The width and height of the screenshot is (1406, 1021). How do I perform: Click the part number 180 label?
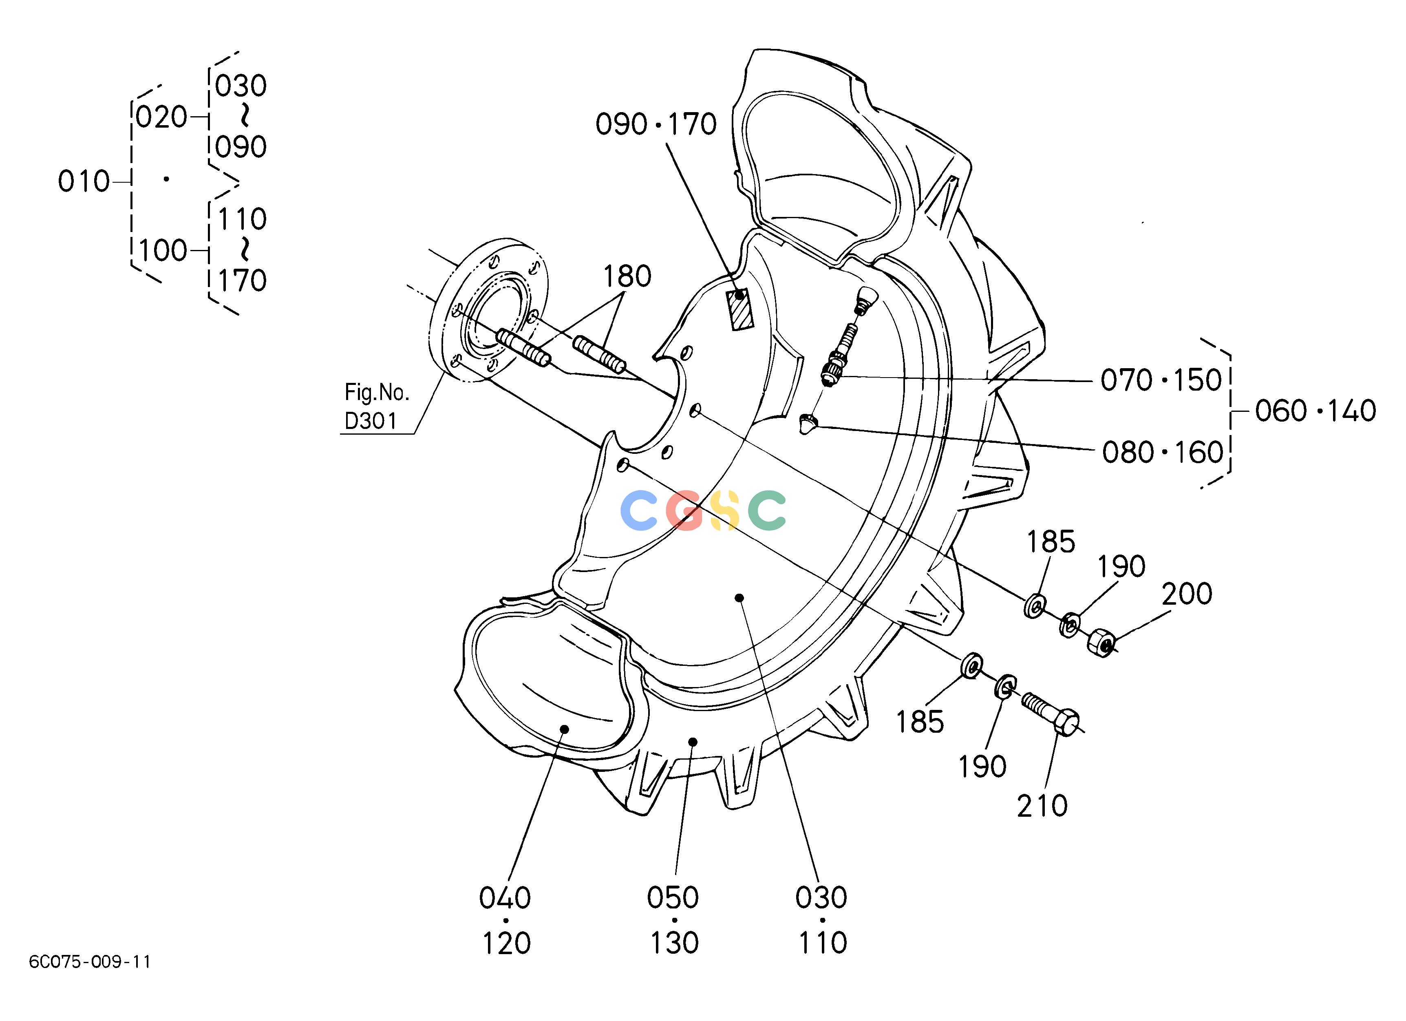coord(627,276)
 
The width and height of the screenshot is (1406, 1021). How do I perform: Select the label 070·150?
coord(1161,380)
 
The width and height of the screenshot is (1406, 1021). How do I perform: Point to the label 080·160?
coord(1162,453)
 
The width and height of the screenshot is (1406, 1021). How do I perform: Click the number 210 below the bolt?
coord(1042,806)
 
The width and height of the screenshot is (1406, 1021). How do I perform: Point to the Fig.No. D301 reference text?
coord(376,407)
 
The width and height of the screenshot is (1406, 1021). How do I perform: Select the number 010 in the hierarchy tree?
coord(84,181)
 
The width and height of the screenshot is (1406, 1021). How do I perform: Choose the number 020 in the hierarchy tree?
coord(161,117)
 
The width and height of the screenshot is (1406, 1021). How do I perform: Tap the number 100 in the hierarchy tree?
coord(162,250)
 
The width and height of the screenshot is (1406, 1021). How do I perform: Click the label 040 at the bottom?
coord(505,897)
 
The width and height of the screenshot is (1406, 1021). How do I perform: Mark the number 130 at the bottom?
coord(675,943)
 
